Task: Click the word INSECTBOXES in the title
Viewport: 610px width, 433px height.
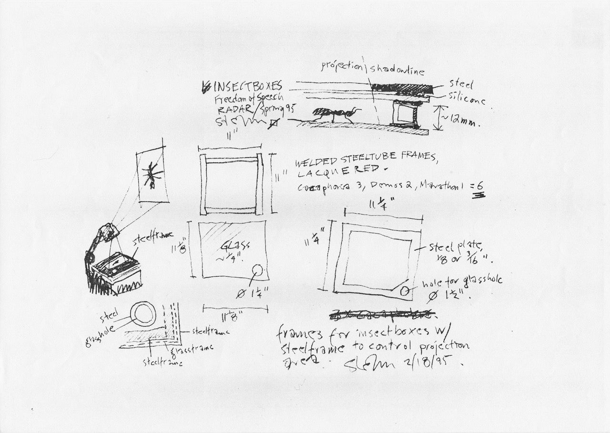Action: coord(248,86)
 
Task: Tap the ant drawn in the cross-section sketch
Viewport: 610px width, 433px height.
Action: coord(333,115)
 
